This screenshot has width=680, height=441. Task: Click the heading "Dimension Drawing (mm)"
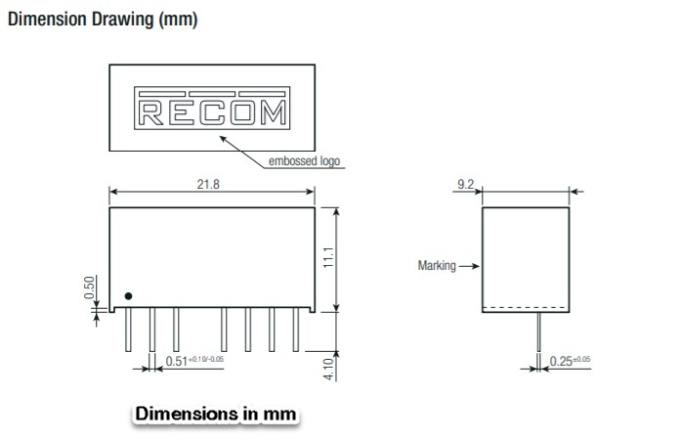(102, 21)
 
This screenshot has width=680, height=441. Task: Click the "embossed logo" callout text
(305, 161)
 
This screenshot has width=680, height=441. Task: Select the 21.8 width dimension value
(207, 184)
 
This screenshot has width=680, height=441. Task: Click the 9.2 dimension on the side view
(466, 183)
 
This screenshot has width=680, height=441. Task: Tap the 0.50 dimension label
(90, 288)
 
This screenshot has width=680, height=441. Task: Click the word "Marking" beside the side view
(437, 266)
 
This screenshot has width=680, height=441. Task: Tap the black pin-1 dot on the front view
(128, 297)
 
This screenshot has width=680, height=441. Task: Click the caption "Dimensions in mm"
(215, 414)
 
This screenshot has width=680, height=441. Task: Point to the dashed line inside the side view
(527, 309)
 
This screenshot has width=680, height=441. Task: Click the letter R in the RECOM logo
(150, 114)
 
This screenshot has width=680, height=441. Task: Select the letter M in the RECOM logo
(275, 114)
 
